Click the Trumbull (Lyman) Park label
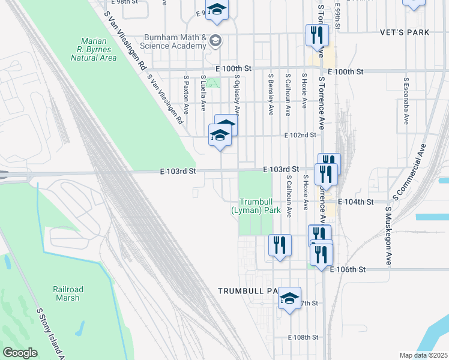[256, 206]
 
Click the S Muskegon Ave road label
[389, 237]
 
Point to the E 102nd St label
[300, 136]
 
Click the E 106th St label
[349, 270]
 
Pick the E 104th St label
[357, 202]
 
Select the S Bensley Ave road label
[271, 95]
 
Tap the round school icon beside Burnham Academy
[216, 41]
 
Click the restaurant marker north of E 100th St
[317, 35]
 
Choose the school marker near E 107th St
[289, 298]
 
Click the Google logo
[20, 352]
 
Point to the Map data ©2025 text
[423, 355]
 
